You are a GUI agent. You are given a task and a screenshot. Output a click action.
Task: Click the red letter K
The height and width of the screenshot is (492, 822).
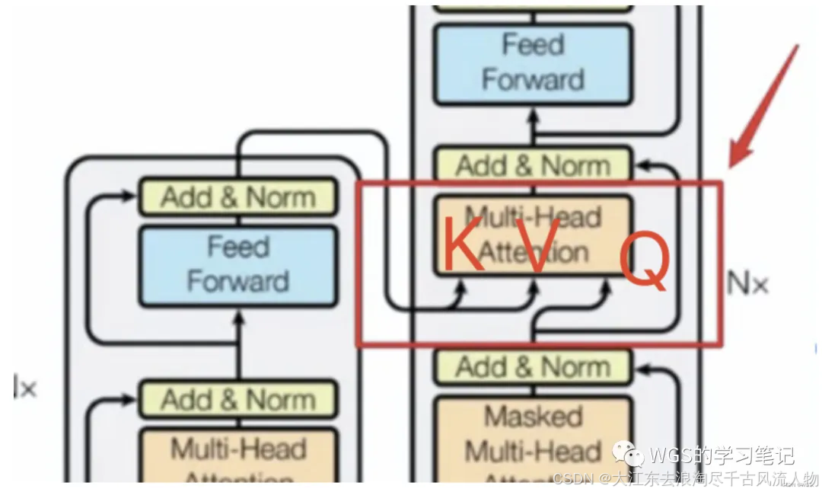(x=463, y=245)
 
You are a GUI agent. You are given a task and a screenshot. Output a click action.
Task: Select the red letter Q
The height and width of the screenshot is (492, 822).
(x=644, y=262)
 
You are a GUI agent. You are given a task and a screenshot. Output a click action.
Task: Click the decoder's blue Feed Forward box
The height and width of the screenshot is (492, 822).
(x=532, y=63)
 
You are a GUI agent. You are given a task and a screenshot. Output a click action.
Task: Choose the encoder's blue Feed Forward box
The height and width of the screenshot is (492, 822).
(x=238, y=265)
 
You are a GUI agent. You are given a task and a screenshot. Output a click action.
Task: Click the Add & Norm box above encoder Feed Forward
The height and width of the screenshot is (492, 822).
(x=238, y=197)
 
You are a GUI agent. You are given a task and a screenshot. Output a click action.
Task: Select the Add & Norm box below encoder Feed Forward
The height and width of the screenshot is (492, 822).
(x=238, y=399)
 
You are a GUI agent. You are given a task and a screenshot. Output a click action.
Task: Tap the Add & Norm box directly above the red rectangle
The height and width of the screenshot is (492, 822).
(x=532, y=165)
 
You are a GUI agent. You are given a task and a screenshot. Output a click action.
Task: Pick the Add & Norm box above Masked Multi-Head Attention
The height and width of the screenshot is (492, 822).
(x=532, y=367)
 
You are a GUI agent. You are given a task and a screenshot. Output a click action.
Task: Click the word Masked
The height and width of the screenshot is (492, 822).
(x=533, y=416)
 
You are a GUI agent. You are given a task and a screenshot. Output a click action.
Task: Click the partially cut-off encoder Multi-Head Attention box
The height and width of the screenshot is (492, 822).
(x=238, y=457)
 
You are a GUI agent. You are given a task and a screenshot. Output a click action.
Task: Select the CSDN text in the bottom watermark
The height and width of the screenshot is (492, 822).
(x=571, y=479)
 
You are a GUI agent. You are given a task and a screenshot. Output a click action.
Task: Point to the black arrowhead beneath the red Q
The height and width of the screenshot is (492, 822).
(x=607, y=285)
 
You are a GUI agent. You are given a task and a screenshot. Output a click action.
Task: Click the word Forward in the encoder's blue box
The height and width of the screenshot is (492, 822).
(x=238, y=281)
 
